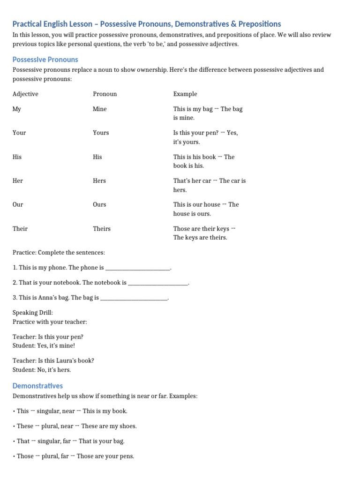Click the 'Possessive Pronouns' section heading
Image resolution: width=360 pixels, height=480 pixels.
pos(45,60)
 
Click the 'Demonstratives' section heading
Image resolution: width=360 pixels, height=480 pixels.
pos(37,386)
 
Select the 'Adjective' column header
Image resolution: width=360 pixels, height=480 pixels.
pos(25,94)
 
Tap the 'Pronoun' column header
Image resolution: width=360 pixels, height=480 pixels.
pos(105,94)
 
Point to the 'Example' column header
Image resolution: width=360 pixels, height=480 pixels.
pos(185,94)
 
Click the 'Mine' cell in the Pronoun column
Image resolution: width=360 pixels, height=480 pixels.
pos(100,109)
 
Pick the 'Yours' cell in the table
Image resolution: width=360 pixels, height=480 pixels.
pos(101,133)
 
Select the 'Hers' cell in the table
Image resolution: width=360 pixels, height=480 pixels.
pos(99,180)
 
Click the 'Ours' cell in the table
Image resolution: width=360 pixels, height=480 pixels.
pos(99,204)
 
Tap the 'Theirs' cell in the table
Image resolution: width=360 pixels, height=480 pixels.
pos(102,229)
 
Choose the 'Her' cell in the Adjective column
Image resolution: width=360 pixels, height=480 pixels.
pos(18,180)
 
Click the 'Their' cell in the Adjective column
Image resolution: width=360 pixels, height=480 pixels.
pos(20,229)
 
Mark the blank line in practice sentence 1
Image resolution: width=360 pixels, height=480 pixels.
pos(138,269)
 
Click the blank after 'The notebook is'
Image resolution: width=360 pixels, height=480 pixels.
pos(158,284)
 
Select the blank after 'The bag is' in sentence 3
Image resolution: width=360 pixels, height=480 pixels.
pos(134,298)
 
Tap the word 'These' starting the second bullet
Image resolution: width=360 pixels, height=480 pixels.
pos(25,426)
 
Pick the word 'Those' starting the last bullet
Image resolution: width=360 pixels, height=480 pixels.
pos(25,456)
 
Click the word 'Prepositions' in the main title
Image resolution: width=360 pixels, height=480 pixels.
pos(259,24)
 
